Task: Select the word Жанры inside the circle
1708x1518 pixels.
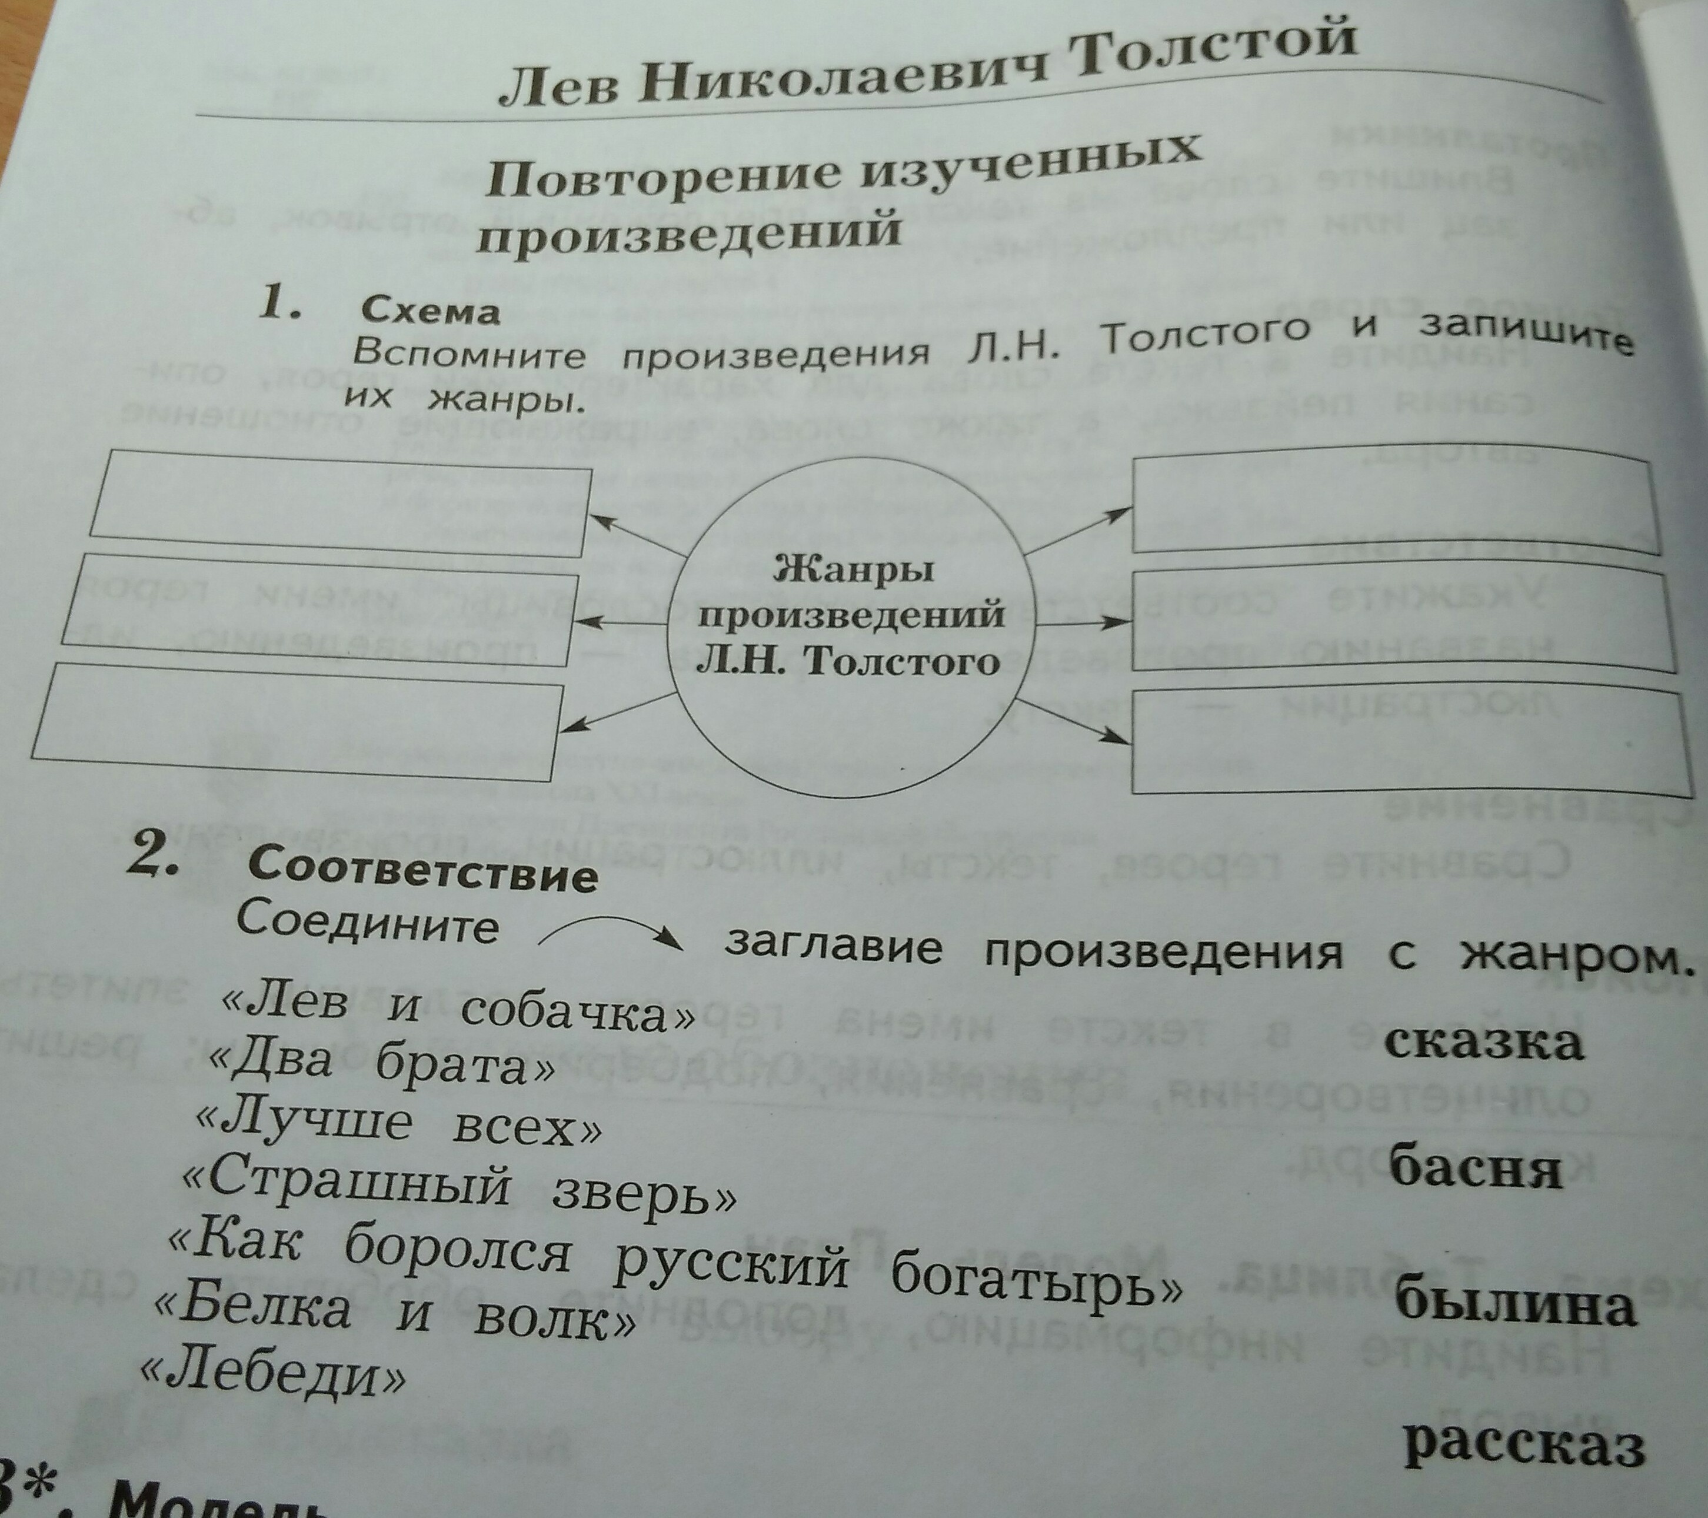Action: [853, 571]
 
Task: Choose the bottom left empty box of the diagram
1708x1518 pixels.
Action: [294, 720]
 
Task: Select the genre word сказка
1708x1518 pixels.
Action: [1483, 1042]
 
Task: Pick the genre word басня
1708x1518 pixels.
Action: [1475, 1167]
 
